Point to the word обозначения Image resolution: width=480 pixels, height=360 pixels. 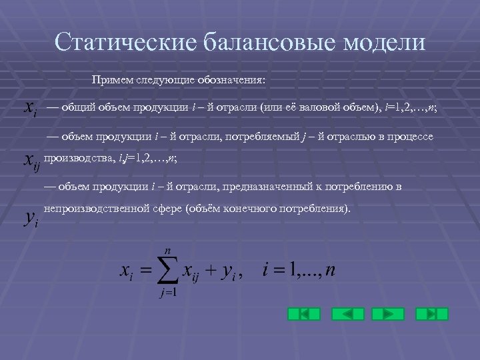[231, 81]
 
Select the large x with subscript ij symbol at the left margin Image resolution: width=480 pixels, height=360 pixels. [31, 161]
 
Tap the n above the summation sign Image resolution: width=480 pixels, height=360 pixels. [167, 249]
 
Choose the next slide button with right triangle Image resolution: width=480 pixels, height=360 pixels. [388, 314]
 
